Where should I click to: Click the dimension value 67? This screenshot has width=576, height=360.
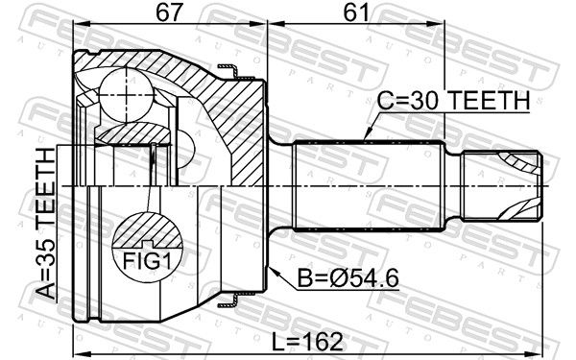[x=169, y=12]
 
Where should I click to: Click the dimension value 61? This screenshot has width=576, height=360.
[x=355, y=12]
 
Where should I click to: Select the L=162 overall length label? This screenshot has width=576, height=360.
[x=307, y=342]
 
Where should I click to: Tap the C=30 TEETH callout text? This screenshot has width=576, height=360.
[x=453, y=100]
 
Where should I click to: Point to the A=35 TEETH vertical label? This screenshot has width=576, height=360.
[x=46, y=223]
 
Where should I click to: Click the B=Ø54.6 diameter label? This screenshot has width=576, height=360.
[x=348, y=278]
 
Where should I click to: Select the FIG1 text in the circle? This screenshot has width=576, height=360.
[x=147, y=261]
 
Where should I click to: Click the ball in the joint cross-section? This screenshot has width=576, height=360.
[x=127, y=95]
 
